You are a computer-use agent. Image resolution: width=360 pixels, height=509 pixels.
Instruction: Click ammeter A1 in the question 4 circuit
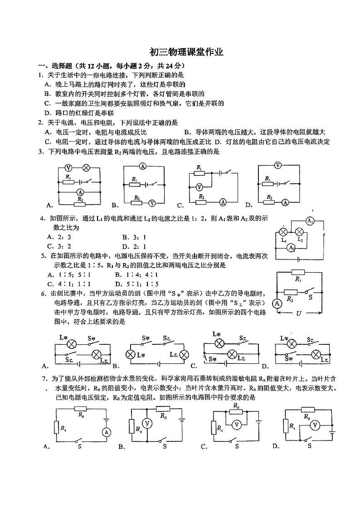point(310,221)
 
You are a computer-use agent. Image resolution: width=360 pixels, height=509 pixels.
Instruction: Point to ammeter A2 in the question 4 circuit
point(292,247)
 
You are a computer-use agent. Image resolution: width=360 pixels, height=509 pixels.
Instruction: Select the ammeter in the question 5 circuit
point(276,303)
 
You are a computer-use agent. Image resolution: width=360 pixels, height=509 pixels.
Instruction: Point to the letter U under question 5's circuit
point(298,313)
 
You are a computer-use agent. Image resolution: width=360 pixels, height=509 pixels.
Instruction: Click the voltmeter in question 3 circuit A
point(69,167)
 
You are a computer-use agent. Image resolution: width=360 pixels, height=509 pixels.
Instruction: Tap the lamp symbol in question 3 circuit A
point(86,167)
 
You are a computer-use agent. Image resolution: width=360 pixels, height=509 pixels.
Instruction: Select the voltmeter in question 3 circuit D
point(278,166)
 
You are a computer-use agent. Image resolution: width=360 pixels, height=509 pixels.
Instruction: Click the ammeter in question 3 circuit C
point(223,201)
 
